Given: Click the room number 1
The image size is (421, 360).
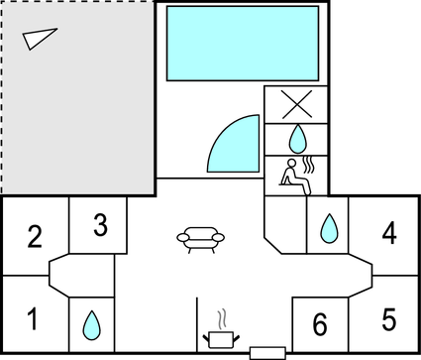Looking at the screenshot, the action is pos(33,318).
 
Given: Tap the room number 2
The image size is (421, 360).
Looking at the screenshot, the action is pos(35,236).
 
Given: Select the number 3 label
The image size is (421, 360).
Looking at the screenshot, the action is pos(100,225).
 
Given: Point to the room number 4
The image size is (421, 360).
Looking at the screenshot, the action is pos(389,233).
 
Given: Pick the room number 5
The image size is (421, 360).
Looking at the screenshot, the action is pos(389,319).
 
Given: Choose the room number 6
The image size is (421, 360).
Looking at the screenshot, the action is pos(320,324).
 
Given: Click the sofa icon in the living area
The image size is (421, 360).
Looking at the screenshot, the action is pos(201,240).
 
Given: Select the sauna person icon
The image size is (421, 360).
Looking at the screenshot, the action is pos(295,177).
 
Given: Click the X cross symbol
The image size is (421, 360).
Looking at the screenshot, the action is pos(297,104).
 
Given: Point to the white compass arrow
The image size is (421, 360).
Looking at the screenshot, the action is pos(39,38).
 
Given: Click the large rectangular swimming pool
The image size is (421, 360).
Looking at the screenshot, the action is pos(243,44).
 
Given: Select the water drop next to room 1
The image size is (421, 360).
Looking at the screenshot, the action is pos(91,325).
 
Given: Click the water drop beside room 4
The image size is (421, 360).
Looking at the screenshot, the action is pos(329,228).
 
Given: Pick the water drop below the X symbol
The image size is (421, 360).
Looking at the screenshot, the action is pos(298,139).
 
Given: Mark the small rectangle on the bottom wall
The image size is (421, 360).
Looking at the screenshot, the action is pos(267,353).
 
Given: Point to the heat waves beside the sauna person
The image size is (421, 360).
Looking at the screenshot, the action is pos(308,166).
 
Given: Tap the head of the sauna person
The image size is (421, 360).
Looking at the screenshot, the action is pos(291,164).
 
